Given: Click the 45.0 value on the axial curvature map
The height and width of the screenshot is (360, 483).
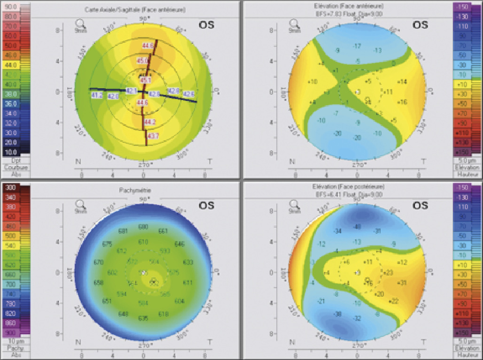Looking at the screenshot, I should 142,61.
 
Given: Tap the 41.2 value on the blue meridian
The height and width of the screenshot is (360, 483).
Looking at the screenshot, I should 97,95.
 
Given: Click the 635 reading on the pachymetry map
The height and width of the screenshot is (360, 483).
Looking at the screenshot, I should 143,319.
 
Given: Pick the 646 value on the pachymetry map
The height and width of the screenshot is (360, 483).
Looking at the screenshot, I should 179,244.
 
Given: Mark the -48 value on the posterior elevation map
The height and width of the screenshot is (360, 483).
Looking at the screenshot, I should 357,227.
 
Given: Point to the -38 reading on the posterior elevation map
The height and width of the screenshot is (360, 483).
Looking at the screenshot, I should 337,314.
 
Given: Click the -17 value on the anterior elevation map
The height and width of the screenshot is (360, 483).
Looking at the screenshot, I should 357,46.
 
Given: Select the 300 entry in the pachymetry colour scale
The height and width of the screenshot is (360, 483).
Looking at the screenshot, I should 10,188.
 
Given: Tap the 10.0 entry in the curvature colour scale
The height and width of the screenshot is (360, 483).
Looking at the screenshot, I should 10,152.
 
